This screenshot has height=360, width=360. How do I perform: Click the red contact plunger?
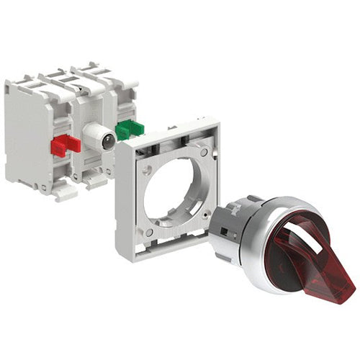click(63, 145)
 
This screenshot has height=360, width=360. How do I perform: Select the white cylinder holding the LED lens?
click(94, 136)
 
